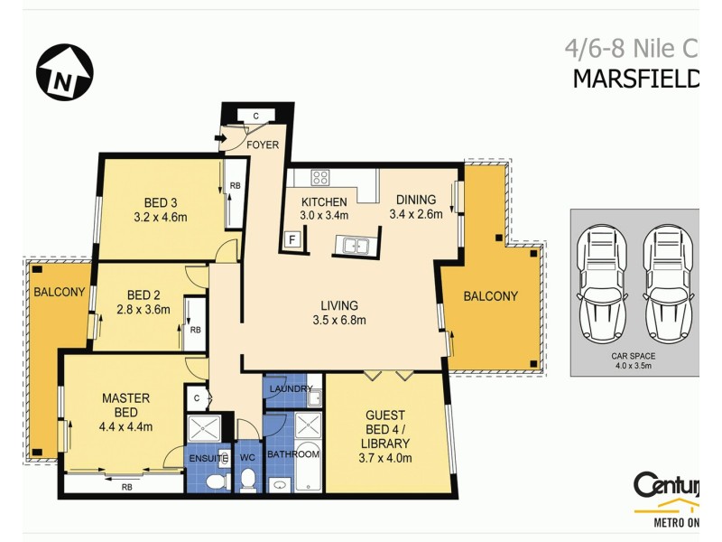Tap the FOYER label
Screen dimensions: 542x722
pos(264,145)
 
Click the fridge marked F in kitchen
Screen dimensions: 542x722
pos(292,239)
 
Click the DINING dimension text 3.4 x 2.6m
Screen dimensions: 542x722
pos(416,215)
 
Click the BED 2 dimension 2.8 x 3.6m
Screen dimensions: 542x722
pos(143,310)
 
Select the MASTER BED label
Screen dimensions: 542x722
pos(125,405)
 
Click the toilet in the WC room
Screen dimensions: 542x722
pos(248,481)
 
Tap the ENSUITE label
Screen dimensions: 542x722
pos(208,458)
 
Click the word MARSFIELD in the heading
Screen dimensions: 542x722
pos(635,79)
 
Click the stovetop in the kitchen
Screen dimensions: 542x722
pos(321,177)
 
